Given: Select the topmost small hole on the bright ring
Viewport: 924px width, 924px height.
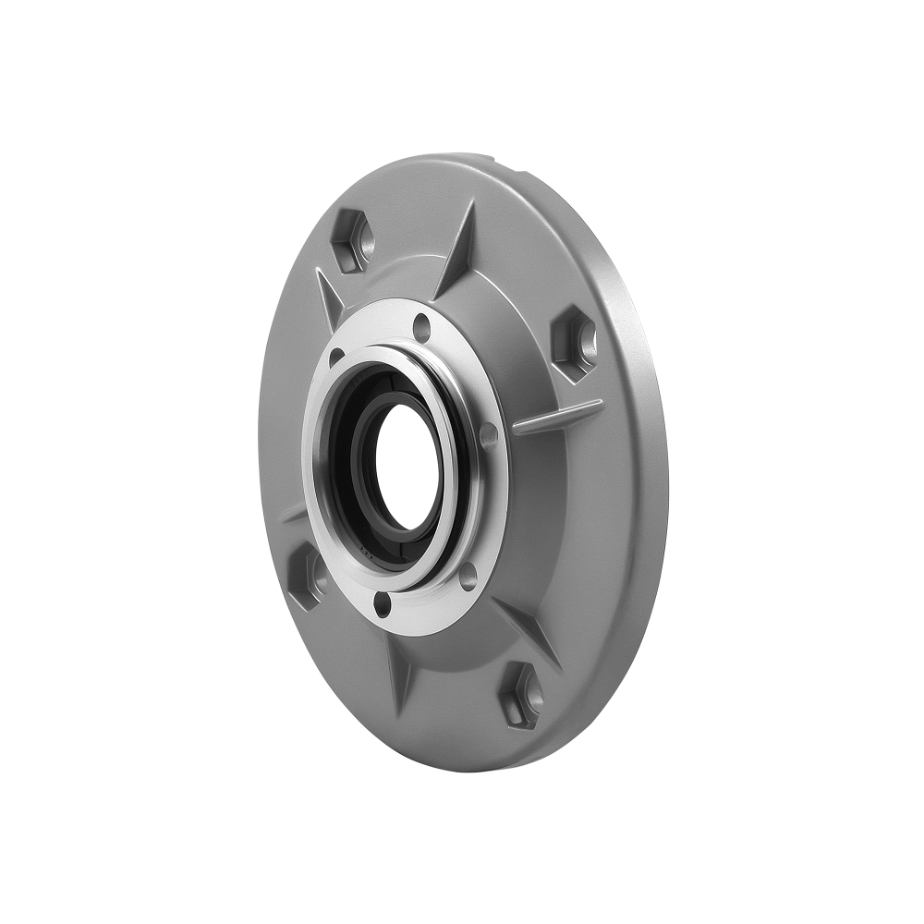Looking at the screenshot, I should tap(421, 325).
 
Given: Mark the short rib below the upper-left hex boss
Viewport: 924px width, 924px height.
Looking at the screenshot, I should tap(329, 296).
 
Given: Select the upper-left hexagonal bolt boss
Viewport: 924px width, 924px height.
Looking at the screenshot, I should tap(351, 239).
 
